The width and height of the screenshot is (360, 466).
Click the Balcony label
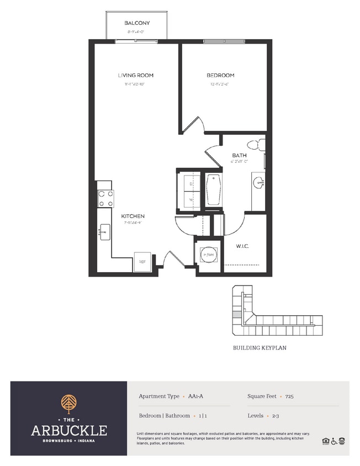pos(137,23)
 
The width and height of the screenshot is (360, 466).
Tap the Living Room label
pos(135,75)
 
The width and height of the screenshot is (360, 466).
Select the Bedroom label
pos(220,75)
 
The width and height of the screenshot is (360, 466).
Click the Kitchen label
pos(133,216)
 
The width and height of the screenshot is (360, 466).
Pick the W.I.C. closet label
pos(242,246)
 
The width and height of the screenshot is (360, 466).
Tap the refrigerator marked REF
pos(142,262)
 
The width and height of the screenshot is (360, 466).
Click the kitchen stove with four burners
pos(105,198)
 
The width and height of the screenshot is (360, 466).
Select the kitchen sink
pos(105,232)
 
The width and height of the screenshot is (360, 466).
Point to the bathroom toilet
pos(256,145)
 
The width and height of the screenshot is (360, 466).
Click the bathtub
pos(213,189)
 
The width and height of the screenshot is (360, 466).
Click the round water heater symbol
pos(208,255)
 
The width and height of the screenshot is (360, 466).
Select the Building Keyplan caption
pos(259,348)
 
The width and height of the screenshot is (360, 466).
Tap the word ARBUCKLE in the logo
pos(69,430)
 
